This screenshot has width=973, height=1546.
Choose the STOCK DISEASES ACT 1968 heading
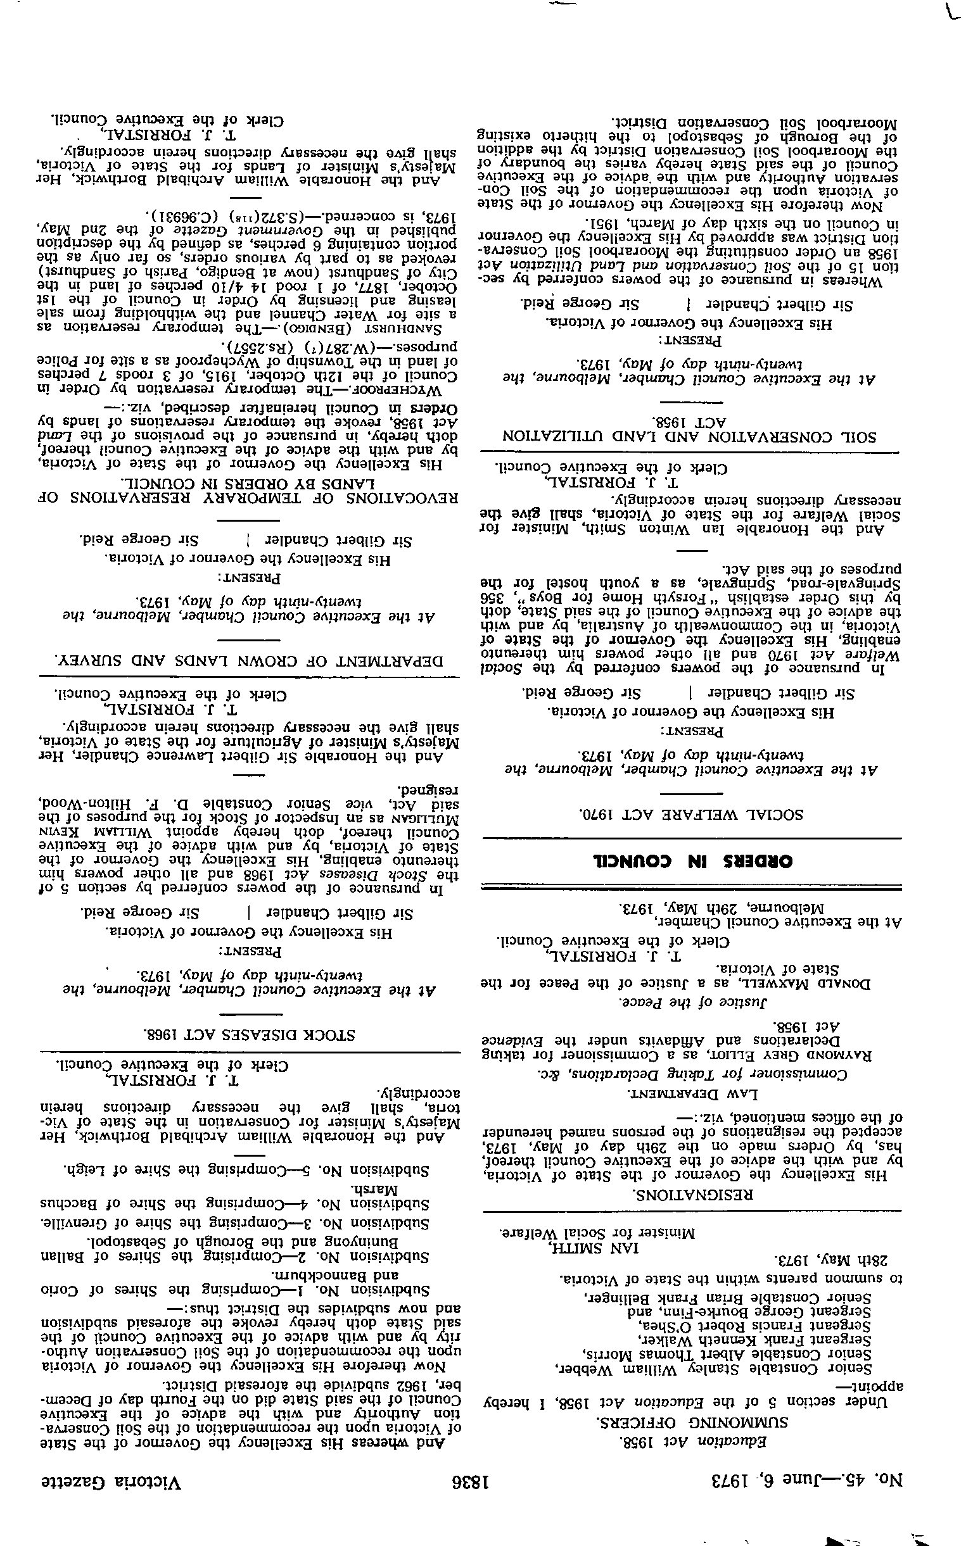250,1034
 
